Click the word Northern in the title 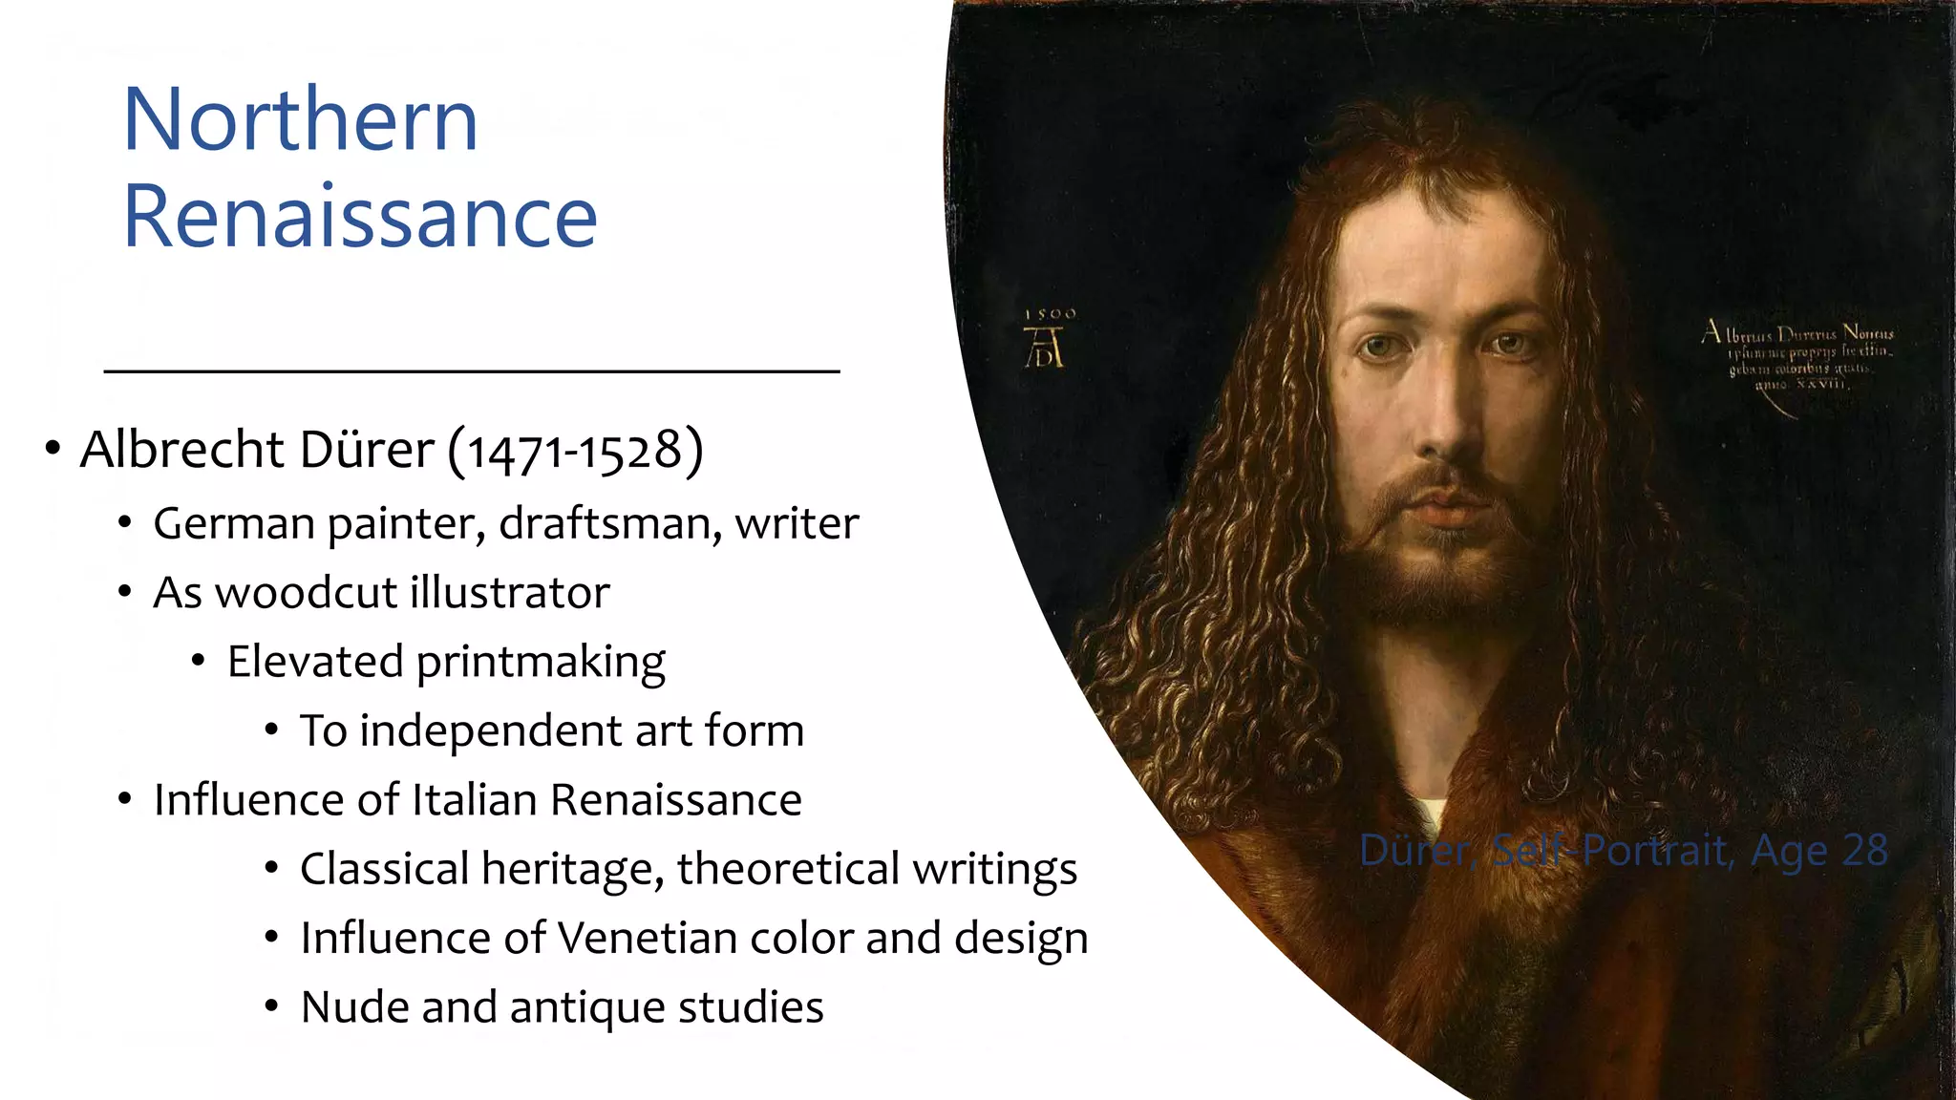tap(300, 120)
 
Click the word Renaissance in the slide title tap(359, 218)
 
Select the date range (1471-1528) tap(575, 451)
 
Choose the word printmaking tap(541, 663)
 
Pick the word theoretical tap(788, 870)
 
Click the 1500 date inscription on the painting tap(1050, 314)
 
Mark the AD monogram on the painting tap(1044, 348)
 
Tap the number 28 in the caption tap(1864, 851)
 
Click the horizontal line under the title tap(471, 371)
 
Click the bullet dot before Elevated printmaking tap(198, 662)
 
